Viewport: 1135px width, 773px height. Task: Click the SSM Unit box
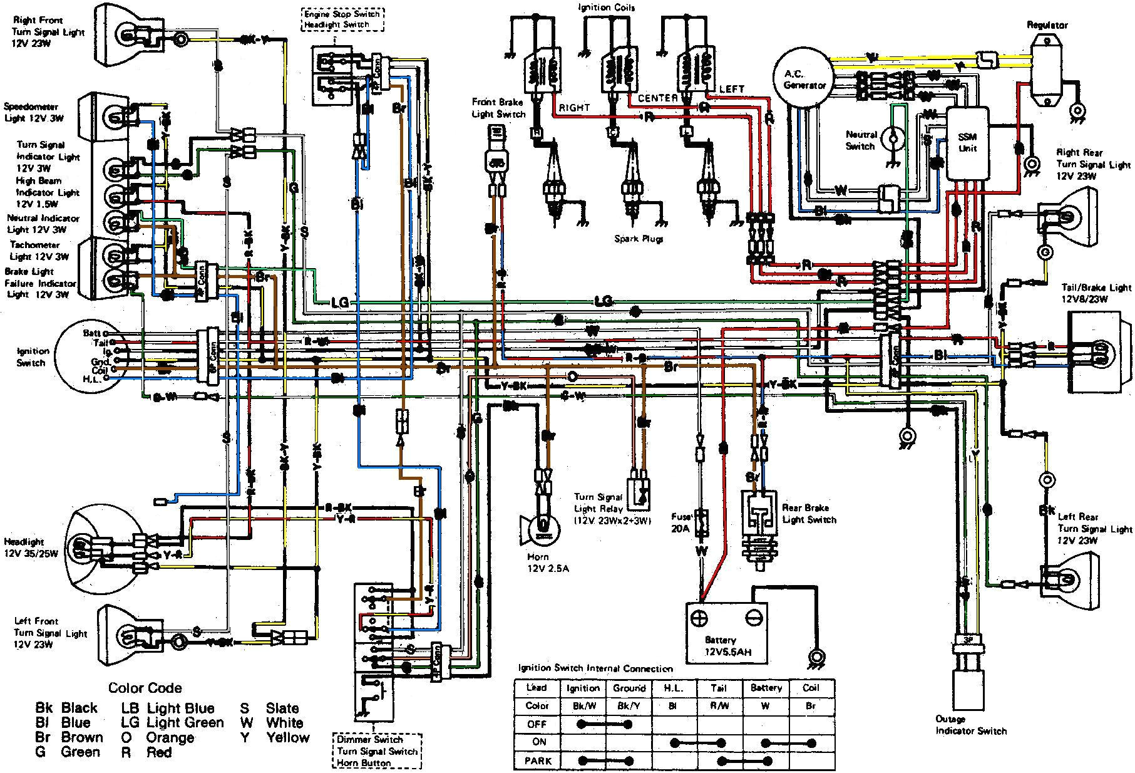[x=967, y=143]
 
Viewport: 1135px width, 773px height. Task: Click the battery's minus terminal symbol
[x=755, y=618]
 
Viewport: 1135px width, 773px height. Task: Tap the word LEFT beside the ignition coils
[x=731, y=89]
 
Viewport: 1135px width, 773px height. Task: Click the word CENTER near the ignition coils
[x=657, y=98]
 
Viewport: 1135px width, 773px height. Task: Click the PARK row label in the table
[x=537, y=760]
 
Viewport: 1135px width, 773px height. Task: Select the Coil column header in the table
[x=811, y=687]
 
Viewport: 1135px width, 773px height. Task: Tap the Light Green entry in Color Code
[x=185, y=722]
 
